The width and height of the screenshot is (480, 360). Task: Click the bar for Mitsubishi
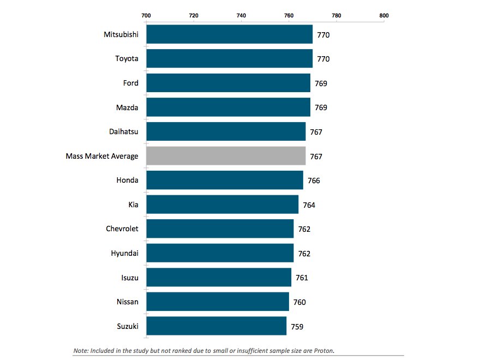[x=229, y=34]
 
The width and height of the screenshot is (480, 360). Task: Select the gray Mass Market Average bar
[x=226, y=156]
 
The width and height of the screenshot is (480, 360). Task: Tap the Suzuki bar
[x=217, y=326]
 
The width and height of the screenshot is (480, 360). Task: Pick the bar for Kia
[x=223, y=205]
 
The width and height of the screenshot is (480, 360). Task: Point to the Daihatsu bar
[x=226, y=131]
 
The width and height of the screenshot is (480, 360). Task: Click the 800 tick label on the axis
[x=384, y=15]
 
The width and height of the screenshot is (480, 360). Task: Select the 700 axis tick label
[x=146, y=15]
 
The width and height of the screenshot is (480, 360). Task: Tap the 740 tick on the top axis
[x=241, y=15]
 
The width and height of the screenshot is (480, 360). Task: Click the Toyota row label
[x=127, y=58]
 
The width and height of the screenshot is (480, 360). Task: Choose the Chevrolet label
[x=122, y=229]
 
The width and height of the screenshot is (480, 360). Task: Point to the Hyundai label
[x=124, y=253]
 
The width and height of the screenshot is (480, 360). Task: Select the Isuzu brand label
[x=129, y=278]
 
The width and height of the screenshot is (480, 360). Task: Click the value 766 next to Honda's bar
[x=314, y=181]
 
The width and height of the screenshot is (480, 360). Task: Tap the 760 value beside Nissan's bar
[x=299, y=302]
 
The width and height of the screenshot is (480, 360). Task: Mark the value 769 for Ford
[x=321, y=83]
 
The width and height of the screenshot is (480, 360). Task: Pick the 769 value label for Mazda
[x=321, y=107]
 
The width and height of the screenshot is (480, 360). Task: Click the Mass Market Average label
[x=102, y=156]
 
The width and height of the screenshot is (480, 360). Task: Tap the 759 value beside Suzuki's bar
[x=297, y=327]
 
